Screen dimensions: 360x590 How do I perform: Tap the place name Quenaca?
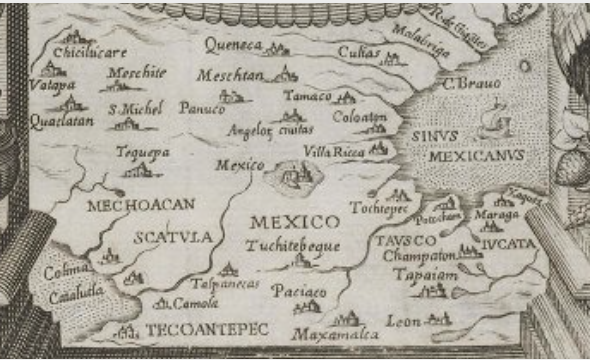tap(233, 44)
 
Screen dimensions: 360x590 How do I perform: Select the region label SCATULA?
tap(167, 238)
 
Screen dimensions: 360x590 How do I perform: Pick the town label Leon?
tap(402, 321)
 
